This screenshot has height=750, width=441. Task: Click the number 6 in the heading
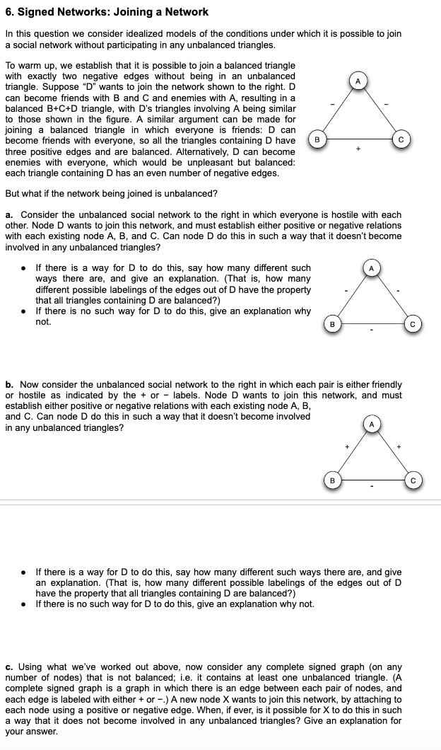(x=8, y=11)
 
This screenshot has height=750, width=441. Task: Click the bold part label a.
(x=8, y=214)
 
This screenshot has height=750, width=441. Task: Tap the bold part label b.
(x=8, y=384)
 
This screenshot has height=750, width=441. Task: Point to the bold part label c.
(x=8, y=667)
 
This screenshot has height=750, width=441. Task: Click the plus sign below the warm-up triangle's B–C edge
(x=359, y=149)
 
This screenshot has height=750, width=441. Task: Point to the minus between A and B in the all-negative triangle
(x=346, y=290)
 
